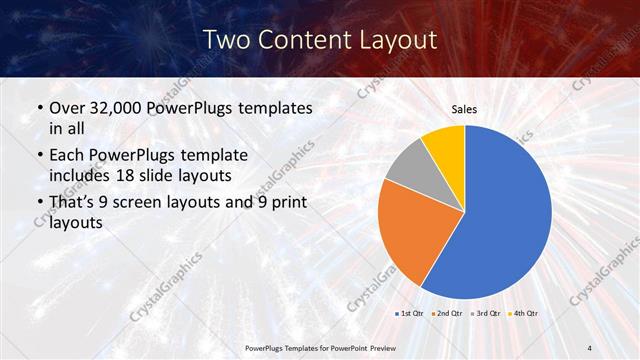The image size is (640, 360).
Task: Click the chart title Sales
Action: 465,109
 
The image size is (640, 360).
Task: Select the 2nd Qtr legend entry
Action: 449,314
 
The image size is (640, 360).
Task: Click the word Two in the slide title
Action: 225,40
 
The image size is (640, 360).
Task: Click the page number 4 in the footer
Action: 589,347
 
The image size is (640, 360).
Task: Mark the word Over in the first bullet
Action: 66,108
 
